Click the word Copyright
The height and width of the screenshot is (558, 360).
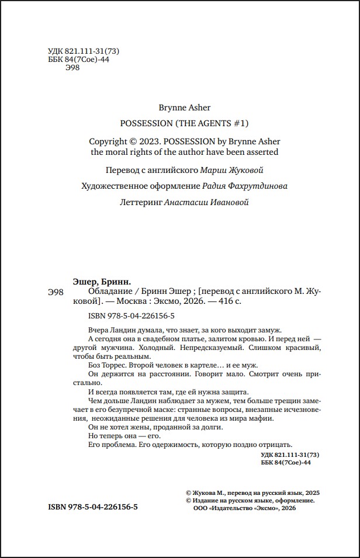(x=109, y=141)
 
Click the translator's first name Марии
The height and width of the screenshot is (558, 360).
(x=212, y=171)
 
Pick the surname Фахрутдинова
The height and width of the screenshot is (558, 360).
(x=261, y=186)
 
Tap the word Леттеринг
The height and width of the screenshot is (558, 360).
(x=140, y=202)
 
